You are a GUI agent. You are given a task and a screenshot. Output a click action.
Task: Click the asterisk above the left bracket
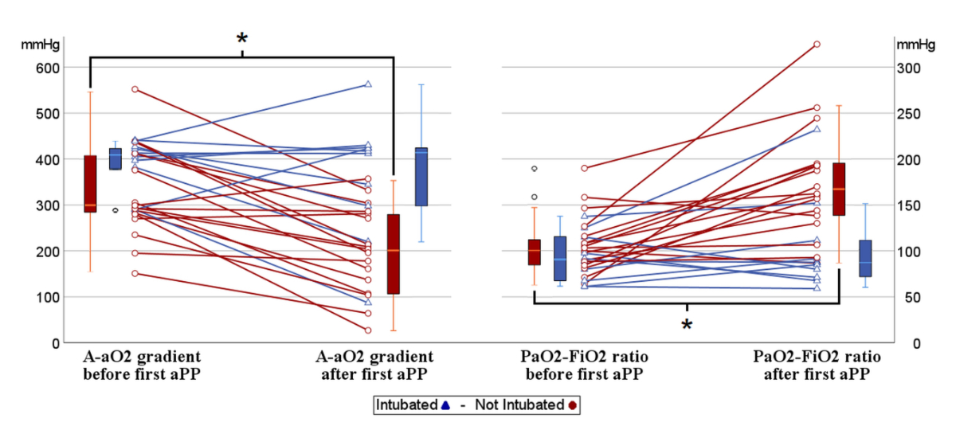tap(241, 39)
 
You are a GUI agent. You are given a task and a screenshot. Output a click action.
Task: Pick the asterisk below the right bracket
tap(687, 325)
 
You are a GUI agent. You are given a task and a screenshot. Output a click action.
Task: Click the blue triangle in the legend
tap(446, 405)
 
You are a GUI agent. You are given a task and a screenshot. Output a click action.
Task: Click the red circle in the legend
tap(573, 405)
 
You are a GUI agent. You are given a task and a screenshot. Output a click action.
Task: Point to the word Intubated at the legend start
tap(408, 405)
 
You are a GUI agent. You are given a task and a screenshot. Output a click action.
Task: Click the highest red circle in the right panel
tap(817, 45)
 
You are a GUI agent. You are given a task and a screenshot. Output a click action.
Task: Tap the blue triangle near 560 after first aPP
tap(368, 84)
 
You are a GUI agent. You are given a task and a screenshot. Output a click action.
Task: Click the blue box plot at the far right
tap(865, 258)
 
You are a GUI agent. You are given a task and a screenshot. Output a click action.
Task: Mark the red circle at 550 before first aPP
tap(135, 89)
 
